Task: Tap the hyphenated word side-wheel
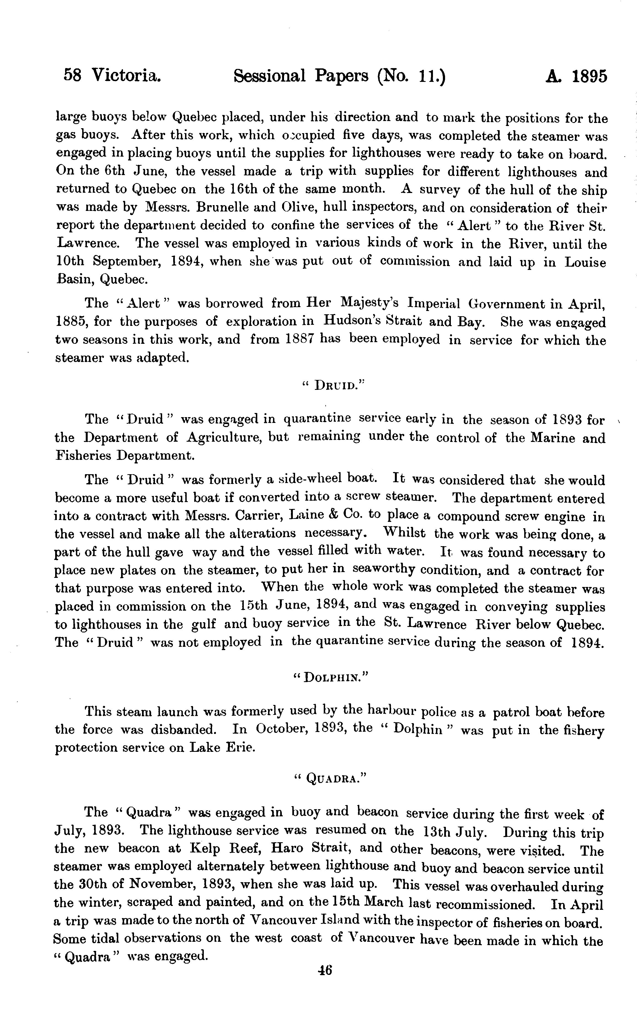(312, 479)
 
